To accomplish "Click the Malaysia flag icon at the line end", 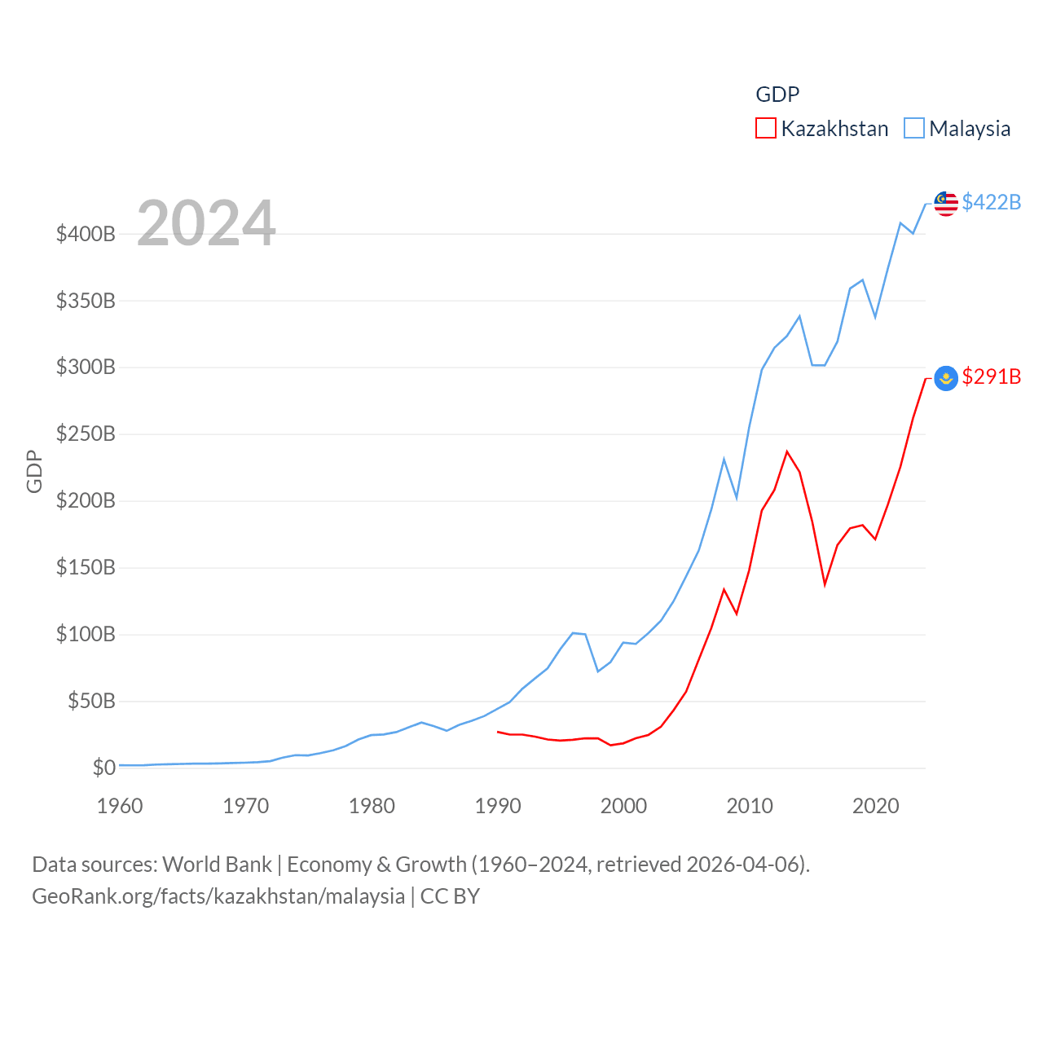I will (945, 204).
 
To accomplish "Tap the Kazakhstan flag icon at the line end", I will (945, 378).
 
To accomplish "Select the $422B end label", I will (991, 202).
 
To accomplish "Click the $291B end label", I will (991, 376).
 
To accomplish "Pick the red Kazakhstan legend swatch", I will (766, 129).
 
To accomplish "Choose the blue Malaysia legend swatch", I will (914, 129).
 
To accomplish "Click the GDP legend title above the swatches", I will (777, 95).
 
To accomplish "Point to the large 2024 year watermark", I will (206, 223).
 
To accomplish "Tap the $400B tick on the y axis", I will (86, 235).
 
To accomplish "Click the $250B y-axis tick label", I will (86, 434).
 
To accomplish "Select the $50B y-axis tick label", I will (91, 701).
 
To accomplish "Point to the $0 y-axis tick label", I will (103, 768).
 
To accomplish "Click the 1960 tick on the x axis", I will (120, 807).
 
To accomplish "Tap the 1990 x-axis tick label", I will (498, 807).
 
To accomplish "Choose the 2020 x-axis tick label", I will (876, 807).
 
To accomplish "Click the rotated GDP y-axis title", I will (34, 471).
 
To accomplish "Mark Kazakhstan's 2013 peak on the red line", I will (787, 451).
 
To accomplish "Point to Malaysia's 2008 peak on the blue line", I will (724, 460).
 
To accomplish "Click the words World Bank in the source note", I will (217, 865).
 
